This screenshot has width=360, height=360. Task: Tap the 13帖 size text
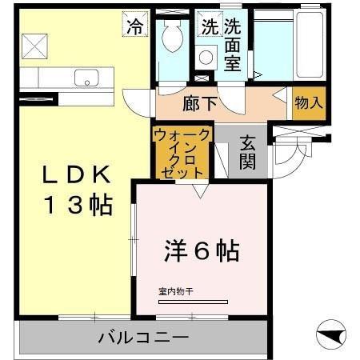[x=76, y=206]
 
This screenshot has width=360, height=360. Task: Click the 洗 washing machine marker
[x=209, y=26]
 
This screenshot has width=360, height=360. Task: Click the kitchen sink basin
[x=85, y=78]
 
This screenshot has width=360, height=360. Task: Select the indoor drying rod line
[x=191, y=302]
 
